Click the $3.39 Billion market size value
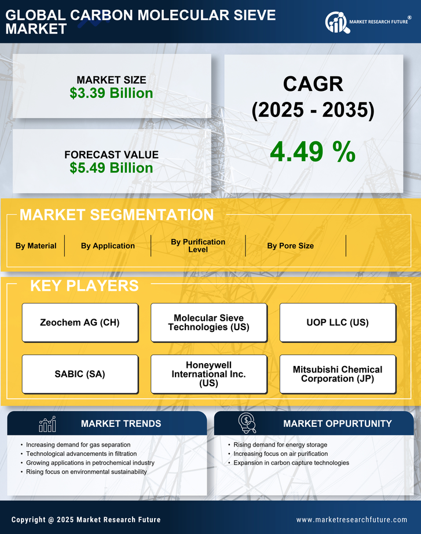tap(111, 93)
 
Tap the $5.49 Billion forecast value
tap(111, 168)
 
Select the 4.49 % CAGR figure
tap(313, 152)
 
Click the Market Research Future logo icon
tap(336, 23)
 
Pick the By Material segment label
tap(36, 246)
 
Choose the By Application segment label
tap(108, 246)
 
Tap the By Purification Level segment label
tap(198, 246)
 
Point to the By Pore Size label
tap(290, 246)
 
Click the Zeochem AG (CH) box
tap(80, 323)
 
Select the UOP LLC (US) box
tap(338, 323)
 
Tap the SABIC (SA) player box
tap(80, 374)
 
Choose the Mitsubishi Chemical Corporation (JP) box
tap(338, 374)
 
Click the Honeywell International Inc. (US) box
tap(208, 374)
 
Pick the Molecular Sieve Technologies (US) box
tap(208, 323)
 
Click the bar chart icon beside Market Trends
tap(47, 424)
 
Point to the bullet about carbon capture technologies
tap(291, 463)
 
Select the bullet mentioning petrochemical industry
tap(90, 463)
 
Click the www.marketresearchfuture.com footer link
tap(352, 520)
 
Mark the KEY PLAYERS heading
tap(84, 286)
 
